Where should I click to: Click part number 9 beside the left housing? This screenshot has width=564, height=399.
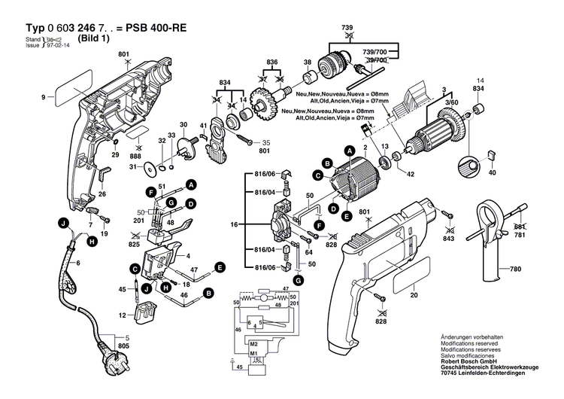point(44,96)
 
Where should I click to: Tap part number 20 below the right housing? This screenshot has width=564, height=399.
point(413,295)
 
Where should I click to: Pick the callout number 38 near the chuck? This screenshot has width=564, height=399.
point(307,62)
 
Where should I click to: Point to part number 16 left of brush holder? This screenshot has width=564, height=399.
point(233,224)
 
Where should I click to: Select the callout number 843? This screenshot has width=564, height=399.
point(449,239)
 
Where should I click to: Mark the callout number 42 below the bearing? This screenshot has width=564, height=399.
point(411,173)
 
